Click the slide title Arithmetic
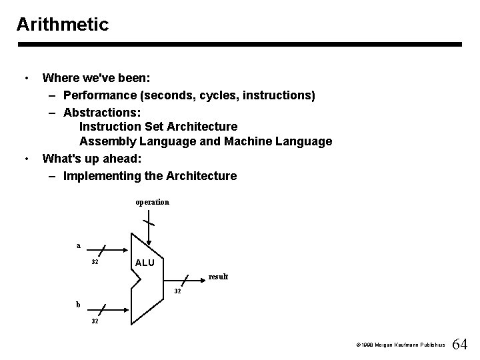[x=62, y=25]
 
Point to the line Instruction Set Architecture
[x=158, y=126]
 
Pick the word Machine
[x=248, y=141]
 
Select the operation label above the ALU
[x=152, y=201]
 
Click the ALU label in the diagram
[x=145, y=263]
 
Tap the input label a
[x=78, y=245]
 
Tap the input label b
[x=78, y=304]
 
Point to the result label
[x=218, y=276]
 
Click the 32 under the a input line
[x=95, y=262]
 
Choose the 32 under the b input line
[x=95, y=321]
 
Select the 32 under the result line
[x=178, y=291]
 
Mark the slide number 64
[x=459, y=345]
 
